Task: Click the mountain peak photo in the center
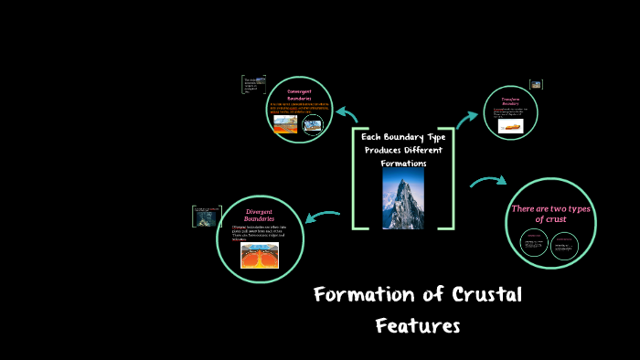pyautogui.click(x=402, y=197)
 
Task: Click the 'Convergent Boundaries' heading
pyautogui.click(x=300, y=95)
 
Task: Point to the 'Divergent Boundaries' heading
pyautogui.click(x=260, y=216)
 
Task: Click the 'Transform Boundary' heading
pyautogui.click(x=510, y=101)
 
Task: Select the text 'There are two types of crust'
pyautogui.click(x=550, y=214)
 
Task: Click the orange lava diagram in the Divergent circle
pyautogui.click(x=260, y=255)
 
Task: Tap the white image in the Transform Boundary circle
pyautogui.click(x=510, y=127)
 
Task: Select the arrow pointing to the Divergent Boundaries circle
pyautogui.click(x=322, y=216)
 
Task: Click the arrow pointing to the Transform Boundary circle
pyautogui.click(x=468, y=115)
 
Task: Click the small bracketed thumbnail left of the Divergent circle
pyautogui.click(x=201, y=217)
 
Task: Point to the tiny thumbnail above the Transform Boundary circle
pyautogui.click(x=536, y=84)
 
